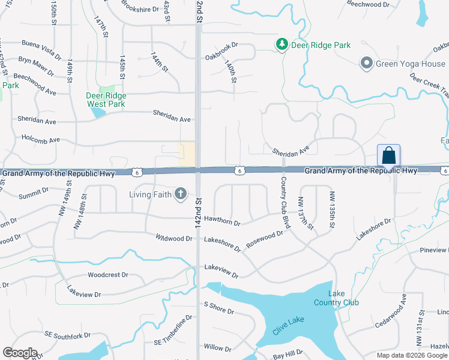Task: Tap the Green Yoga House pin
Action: tap(366, 63)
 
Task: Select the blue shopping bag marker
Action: tap(388, 155)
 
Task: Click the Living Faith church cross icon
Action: tap(180, 193)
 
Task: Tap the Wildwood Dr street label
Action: tap(174, 238)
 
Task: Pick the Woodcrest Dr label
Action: tap(108, 275)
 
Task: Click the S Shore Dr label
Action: tap(218, 308)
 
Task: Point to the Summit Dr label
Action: tap(33, 193)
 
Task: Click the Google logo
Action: tap(20, 353)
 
